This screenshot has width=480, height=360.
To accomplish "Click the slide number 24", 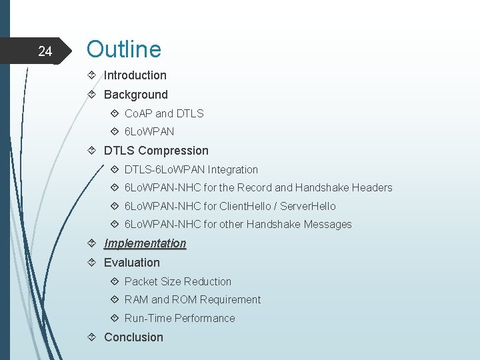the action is tap(45, 51).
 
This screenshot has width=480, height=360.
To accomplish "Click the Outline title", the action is tap(124, 49).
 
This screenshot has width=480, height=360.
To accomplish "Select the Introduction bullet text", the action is tap(135, 75).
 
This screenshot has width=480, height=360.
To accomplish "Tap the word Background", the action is tap(135, 95).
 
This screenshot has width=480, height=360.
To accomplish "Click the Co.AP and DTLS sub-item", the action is tap(164, 113).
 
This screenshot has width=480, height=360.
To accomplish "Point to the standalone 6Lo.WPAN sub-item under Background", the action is tap(149, 132).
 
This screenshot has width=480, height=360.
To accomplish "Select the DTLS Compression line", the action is tap(156, 151).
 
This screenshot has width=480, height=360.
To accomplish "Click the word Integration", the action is tap(233, 169).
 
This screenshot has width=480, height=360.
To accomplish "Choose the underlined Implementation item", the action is tap(145, 243).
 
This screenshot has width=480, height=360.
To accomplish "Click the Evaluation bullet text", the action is tap(131, 263).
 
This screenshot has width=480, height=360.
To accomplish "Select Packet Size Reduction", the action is tap(177, 281).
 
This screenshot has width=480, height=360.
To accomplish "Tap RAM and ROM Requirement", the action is tap(192, 300).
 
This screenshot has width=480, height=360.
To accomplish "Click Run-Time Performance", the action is tap(179, 319).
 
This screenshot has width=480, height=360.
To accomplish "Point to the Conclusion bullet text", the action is tap(133, 337).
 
